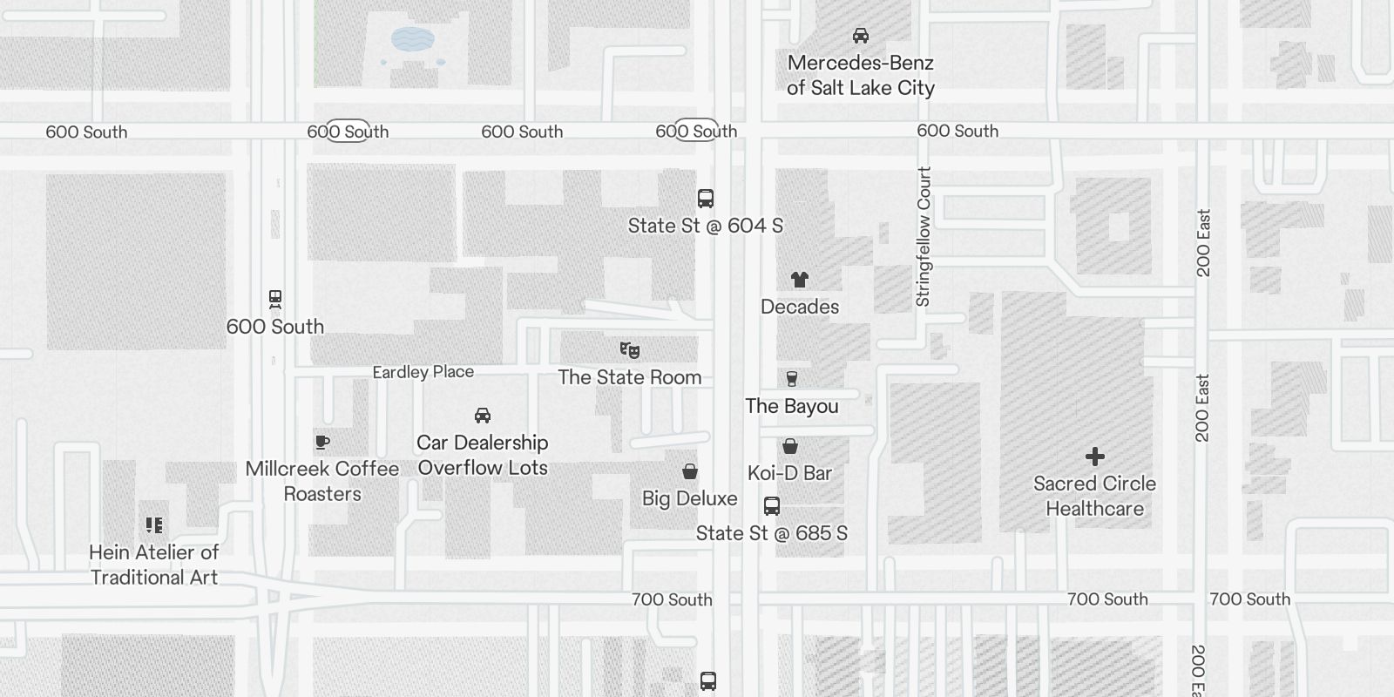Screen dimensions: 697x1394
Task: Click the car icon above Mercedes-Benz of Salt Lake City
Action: tap(861, 36)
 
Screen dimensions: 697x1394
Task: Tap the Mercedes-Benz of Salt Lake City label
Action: tap(861, 75)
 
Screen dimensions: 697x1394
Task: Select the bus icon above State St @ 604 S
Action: tap(706, 199)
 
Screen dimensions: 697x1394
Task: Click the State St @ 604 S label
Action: tap(706, 226)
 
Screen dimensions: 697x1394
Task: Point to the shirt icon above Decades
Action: tap(800, 280)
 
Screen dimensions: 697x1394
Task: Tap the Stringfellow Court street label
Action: tap(924, 237)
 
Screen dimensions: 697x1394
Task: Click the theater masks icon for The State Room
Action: tap(630, 350)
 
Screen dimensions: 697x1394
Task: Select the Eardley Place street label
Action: tap(423, 372)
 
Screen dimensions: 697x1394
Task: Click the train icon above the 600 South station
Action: tap(275, 300)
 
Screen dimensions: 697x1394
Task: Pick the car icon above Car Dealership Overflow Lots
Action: tap(483, 416)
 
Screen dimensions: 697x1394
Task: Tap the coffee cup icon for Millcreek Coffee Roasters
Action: tap(322, 443)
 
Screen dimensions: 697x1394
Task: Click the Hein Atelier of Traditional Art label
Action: tap(154, 565)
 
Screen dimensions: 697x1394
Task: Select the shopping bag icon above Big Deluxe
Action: tap(690, 472)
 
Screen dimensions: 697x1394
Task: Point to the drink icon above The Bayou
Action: tap(792, 379)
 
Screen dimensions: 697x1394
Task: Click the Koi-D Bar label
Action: tap(790, 473)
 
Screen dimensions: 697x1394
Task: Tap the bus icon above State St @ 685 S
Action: tap(772, 506)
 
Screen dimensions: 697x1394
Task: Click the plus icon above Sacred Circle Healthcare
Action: tap(1095, 457)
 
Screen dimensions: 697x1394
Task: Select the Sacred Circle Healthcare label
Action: tap(1095, 496)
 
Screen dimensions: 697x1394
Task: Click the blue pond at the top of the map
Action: tap(413, 38)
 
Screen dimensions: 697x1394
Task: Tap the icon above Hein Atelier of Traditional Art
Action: tap(154, 525)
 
